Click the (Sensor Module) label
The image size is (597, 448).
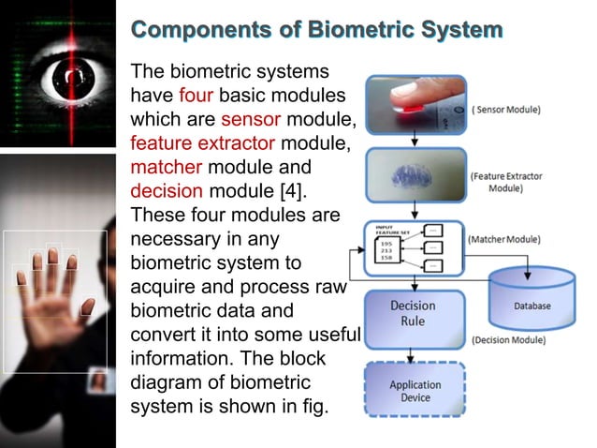pyautogui.click(x=506, y=110)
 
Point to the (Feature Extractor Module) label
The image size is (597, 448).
pyautogui.click(x=505, y=182)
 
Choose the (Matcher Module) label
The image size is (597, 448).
pyautogui.click(x=503, y=240)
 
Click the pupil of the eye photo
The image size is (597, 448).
pyautogui.click(x=59, y=72)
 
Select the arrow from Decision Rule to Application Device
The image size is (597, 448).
pyautogui.click(x=413, y=351)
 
